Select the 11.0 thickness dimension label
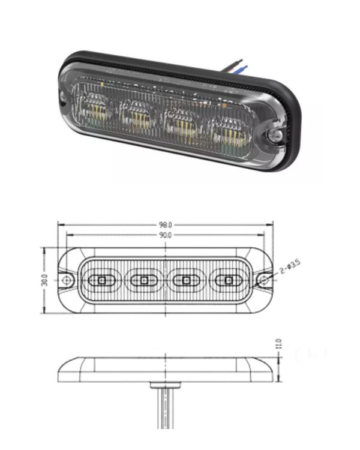[278, 346]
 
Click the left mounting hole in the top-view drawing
[67, 280]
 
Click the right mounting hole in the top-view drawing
[262, 280]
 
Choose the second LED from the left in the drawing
[143, 280]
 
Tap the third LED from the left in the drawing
[186, 280]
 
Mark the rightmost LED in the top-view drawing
[228, 280]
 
